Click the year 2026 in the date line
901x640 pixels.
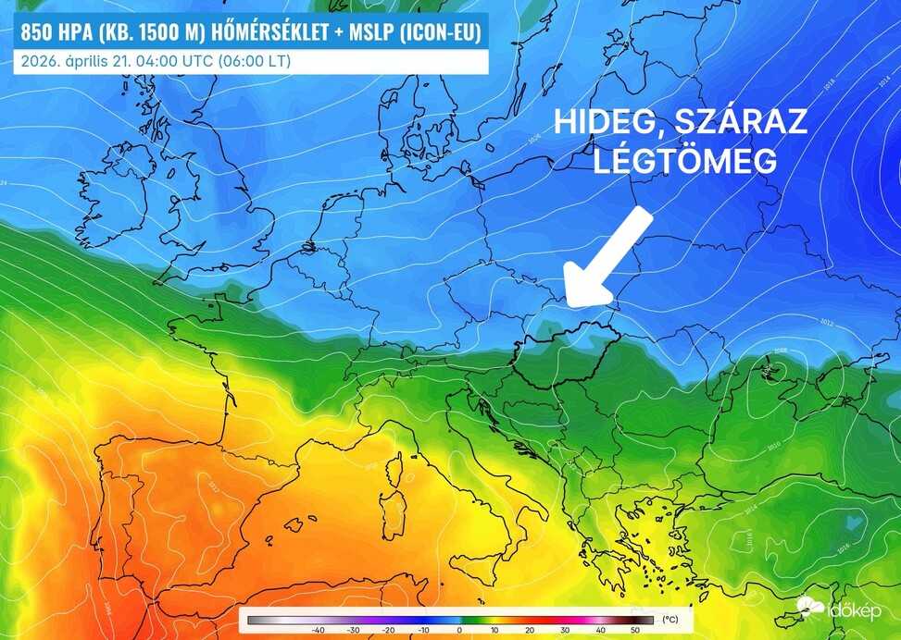point(35,62)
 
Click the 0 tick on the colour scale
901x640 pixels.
point(459,630)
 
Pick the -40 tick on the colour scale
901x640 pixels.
point(317,630)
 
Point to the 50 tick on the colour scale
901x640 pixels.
point(635,630)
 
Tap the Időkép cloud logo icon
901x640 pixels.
point(810,607)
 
